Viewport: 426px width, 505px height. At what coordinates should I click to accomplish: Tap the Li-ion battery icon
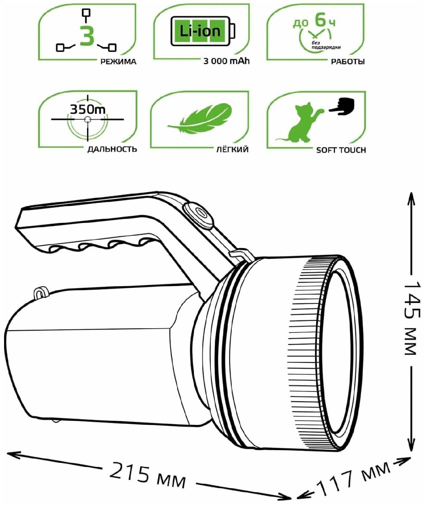pyautogui.click(x=203, y=31)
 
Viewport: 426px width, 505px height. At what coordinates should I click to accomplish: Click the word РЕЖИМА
pyautogui.click(x=118, y=62)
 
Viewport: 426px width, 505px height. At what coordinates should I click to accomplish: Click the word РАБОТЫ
pyautogui.click(x=347, y=62)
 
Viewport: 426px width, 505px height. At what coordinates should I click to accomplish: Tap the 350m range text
pyautogui.click(x=88, y=109)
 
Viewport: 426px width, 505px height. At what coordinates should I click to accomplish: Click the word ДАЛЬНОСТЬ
pyautogui.click(x=112, y=149)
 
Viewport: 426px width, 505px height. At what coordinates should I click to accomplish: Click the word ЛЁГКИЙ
pyautogui.click(x=232, y=149)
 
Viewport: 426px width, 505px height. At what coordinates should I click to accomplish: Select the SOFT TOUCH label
pyautogui.click(x=341, y=150)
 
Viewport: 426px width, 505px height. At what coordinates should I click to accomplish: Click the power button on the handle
pyautogui.click(x=198, y=216)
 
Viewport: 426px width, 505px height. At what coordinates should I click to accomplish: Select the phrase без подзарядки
pyautogui.click(x=326, y=45)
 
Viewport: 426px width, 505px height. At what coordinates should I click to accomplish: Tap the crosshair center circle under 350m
pyautogui.click(x=87, y=119)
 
